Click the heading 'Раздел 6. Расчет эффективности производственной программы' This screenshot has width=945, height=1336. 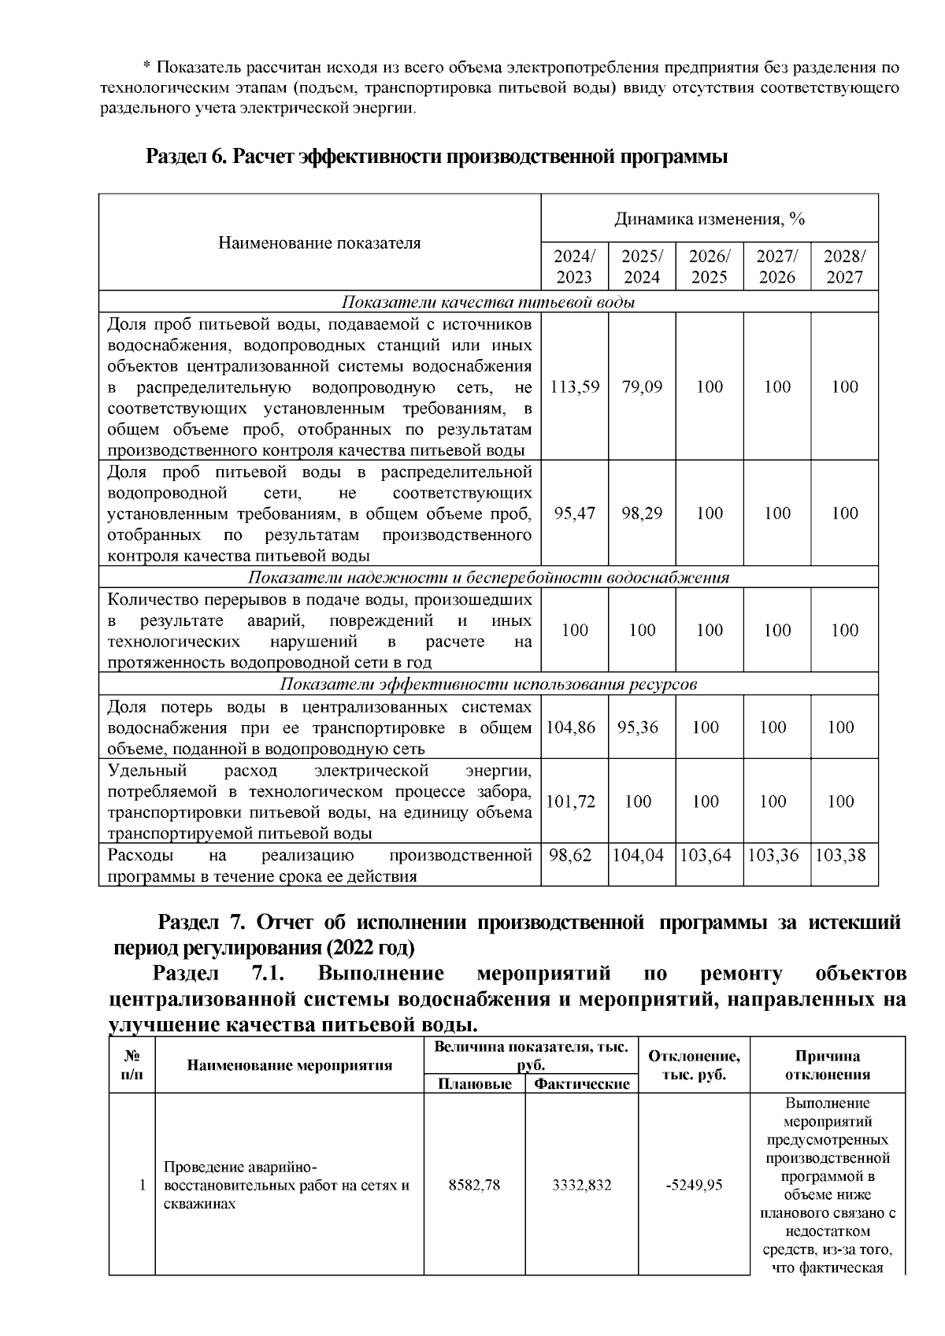click(x=437, y=157)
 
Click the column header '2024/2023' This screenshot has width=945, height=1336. click(x=575, y=267)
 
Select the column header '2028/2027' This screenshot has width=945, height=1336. click(x=844, y=267)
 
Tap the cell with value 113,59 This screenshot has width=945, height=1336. click(x=575, y=387)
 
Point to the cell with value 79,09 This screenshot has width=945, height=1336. click(x=642, y=387)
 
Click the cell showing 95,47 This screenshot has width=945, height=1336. click(x=575, y=513)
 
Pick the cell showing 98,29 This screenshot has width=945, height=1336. click(x=642, y=513)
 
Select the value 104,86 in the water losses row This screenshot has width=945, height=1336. click(x=571, y=727)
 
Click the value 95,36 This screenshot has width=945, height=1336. click(x=638, y=727)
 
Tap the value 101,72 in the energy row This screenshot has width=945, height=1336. click(x=571, y=801)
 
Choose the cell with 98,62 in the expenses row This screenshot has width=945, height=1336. click(x=570, y=855)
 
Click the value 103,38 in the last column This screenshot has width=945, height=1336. click(x=840, y=855)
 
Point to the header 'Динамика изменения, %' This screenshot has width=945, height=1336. click(x=710, y=219)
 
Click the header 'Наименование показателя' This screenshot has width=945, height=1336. click(x=320, y=242)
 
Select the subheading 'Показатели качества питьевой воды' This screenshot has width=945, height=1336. click(x=488, y=302)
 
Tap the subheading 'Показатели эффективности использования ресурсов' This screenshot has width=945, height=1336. click(x=488, y=684)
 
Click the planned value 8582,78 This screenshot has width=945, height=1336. click(x=474, y=1186)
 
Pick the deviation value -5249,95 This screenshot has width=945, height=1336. click(x=694, y=1186)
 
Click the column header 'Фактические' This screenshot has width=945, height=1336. click(x=582, y=1084)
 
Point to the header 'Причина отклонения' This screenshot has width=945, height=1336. click(x=827, y=1065)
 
